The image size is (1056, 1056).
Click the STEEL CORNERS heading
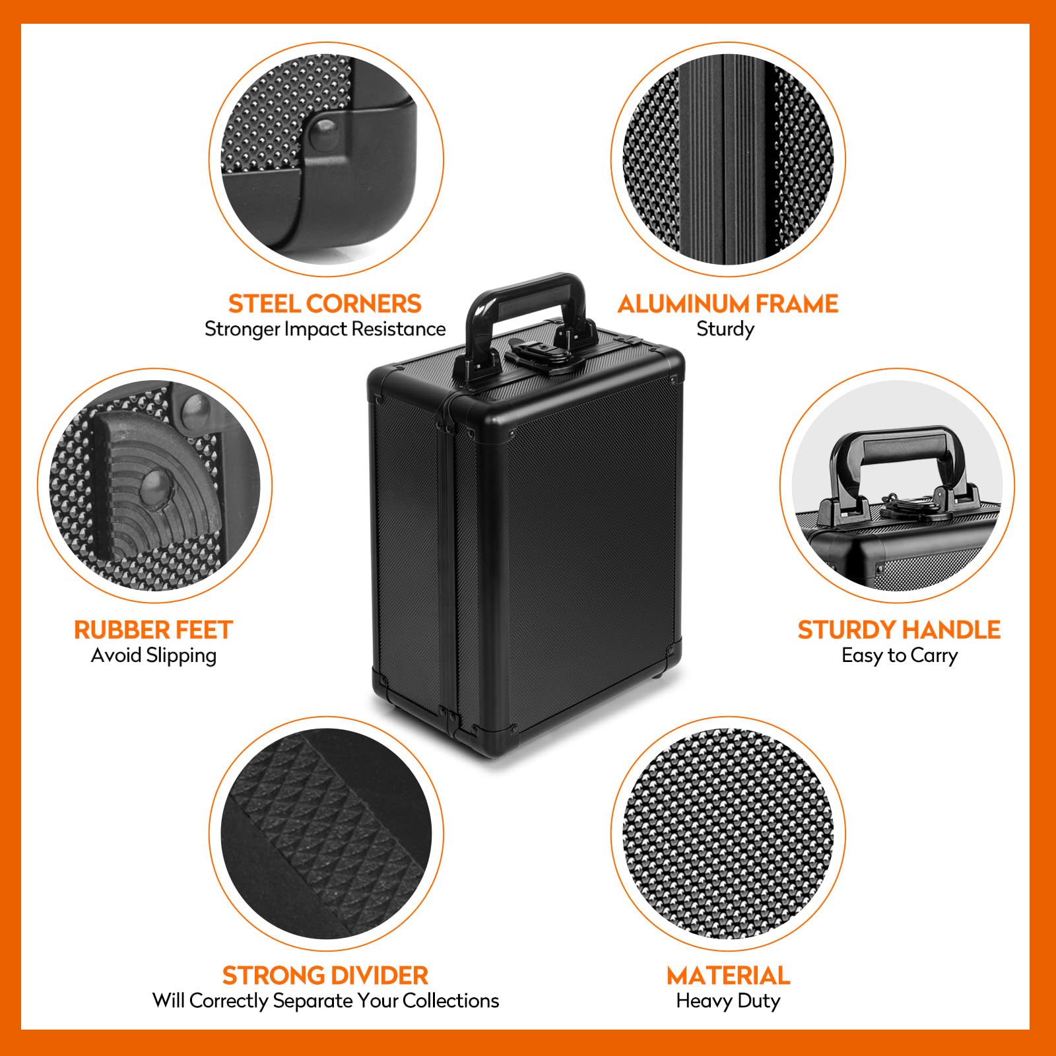point(325,304)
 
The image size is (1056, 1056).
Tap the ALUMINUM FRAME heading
point(728,304)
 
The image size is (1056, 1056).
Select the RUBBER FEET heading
point(154,630)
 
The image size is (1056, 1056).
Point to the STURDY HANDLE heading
point(899,630)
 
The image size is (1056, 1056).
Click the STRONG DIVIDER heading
point(325,975)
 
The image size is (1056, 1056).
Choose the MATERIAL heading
point(728,975)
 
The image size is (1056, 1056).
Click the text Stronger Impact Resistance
point(325,329)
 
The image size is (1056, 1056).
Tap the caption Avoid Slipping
point(154,655)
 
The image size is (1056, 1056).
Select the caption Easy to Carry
point(899,655)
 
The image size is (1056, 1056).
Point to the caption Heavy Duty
point(728,1001)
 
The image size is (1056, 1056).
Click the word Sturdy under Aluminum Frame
point(725,329)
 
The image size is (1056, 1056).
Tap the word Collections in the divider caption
point(451,1001)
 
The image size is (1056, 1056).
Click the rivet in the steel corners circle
point(324,132)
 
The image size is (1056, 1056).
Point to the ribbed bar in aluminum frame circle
point(726,158)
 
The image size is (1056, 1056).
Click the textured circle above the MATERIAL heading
point(728,834)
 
